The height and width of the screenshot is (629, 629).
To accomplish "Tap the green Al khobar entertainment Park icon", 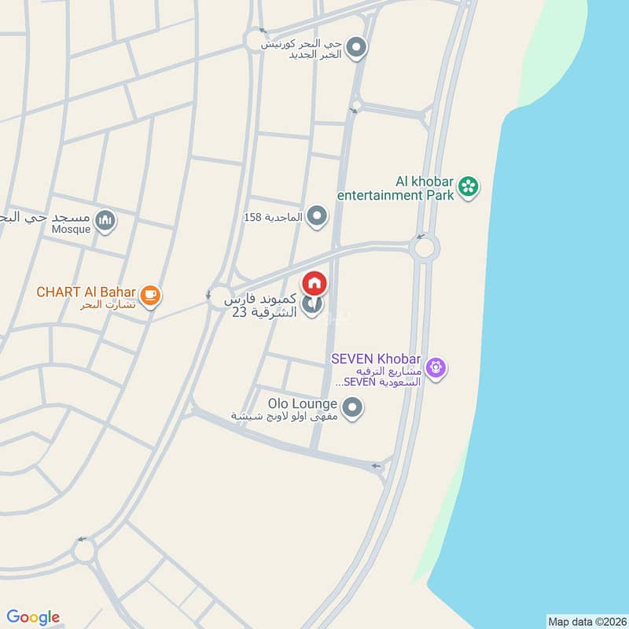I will click(469, 186).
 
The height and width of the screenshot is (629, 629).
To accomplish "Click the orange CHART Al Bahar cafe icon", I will click(151, 296).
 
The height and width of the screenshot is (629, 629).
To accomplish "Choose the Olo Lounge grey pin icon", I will click(354, 408).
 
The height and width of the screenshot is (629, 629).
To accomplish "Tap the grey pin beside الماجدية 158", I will click(317, 215).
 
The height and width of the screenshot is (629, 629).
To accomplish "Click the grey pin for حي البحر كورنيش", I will click(357, 49).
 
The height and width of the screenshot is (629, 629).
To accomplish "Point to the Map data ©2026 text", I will click(585, 621).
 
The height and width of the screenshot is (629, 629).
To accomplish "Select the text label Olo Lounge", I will click(303, 403).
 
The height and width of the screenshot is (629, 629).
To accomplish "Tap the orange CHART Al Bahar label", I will click(86, 292).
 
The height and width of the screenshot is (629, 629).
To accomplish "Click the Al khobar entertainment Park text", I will click(397, 187).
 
